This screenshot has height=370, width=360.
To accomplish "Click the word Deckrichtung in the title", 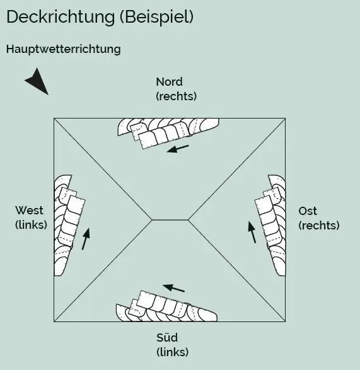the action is tap(61, 18).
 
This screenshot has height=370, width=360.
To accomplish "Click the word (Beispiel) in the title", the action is tap(157, 17).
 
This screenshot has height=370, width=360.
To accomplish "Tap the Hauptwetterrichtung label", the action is tap(64, 49).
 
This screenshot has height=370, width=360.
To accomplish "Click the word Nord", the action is tap(169, 82).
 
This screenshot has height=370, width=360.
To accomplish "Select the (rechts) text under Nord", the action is tap(177, 96).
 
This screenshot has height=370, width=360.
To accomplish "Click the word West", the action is tap(29, 211).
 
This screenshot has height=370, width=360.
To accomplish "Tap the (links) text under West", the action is tap(31, 224).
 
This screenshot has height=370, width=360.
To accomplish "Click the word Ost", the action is tap(308, 211).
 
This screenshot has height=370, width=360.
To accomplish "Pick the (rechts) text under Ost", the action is tap(319, 226).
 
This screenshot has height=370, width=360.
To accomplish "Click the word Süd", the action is tap(167, 337).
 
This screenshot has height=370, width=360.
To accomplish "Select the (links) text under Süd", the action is tap(173, 352).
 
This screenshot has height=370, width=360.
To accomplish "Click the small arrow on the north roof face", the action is tap(178, 149).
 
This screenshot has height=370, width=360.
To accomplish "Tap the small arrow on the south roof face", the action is tap(174, 288).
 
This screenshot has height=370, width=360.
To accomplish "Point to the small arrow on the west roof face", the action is tap(86, 238).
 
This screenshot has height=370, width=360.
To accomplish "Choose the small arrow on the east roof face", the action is tap(252, 232).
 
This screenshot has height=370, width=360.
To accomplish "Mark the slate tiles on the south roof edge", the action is tap(166, 306).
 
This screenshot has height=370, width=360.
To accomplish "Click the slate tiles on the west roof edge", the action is tap(69, 226).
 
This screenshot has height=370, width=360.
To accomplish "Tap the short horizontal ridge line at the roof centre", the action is tap(170, 220).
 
